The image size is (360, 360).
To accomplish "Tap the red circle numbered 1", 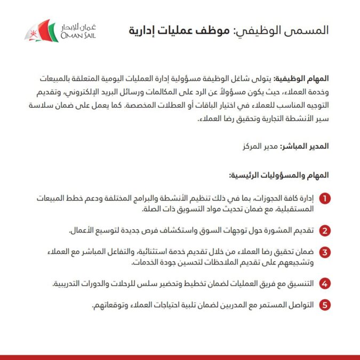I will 325,199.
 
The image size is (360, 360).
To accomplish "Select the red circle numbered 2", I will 325,231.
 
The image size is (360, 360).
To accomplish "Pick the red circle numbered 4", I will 325,284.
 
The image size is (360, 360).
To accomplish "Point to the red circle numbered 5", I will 325,305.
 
